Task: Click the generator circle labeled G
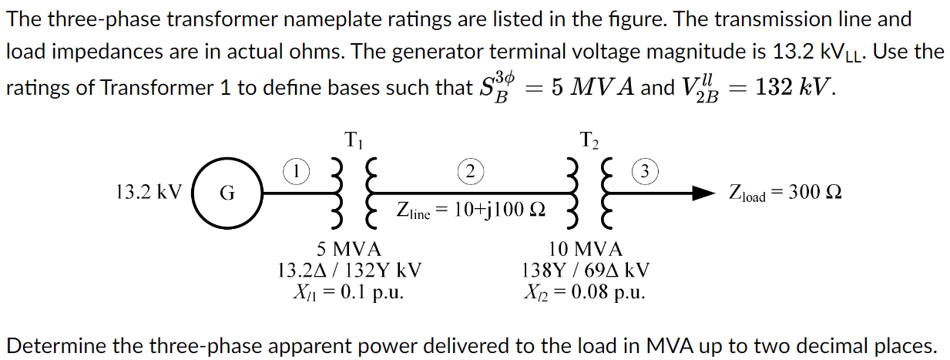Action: (227, 194)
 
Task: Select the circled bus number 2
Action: (470, 170)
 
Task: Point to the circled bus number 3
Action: (646, 170)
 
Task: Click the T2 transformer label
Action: (589, 141)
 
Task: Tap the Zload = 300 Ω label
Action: (784, 193)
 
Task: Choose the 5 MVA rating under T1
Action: (348, 249)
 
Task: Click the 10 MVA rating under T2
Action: (586, 249)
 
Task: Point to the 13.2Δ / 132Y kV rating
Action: (348, 271)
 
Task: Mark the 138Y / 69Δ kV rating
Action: (586, 271)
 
